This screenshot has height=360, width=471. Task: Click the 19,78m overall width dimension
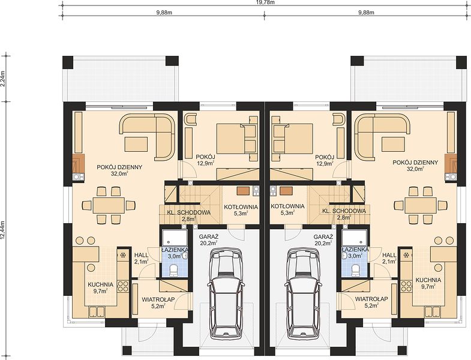coord(264,2)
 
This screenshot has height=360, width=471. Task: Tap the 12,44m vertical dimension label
coord(3,230)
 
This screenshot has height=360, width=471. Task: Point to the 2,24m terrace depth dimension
coord(3,79)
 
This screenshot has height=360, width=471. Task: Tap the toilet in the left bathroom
coord(174,270)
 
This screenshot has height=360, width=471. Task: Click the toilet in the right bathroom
coord(355,270)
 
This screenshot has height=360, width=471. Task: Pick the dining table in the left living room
coord(109,205)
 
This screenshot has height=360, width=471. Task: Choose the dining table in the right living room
coord(421,205)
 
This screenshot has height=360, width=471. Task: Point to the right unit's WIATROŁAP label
coord(371,299)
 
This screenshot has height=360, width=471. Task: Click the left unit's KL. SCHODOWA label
coord(188,212)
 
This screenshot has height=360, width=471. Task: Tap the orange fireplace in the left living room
coord(78,164)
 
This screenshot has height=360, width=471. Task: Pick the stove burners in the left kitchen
coord(123,286)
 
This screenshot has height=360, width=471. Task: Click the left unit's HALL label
coord(141,255)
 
